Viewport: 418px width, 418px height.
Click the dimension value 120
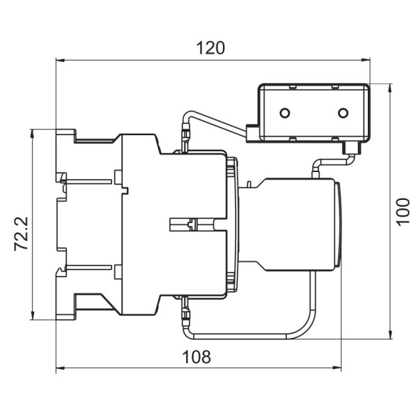pyautogui.click(x=210, y=48)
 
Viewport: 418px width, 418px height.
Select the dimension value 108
pyautogui.click(x=196, y=357)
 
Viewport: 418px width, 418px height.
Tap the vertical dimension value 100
pyautogui.click(x=403, y=210)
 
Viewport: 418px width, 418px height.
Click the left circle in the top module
pyautogui.click(x=284, y=113)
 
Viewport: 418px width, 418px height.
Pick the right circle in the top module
pyautogui.click(x=342, y=113)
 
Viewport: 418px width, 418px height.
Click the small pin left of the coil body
pyautogui.click(x=248, y=185)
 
